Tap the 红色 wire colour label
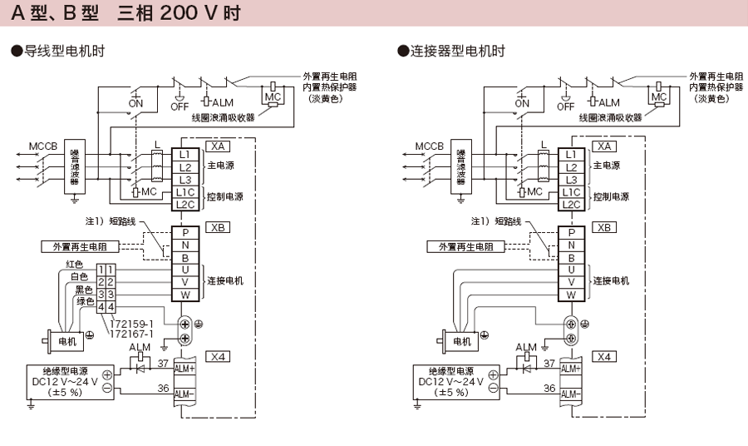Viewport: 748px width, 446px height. tap(76, 265)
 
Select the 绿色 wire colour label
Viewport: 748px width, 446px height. tap(85, 301)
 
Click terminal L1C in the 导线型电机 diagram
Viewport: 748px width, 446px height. tap(185, 191)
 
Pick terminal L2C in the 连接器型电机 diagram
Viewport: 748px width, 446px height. tap(571, 204)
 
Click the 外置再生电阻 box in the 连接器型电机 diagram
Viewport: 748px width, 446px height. tap(465, 247)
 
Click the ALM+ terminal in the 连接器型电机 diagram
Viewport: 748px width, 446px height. tap(571, 368)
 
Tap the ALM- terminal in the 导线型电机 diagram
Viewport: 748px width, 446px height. tap(185, 393)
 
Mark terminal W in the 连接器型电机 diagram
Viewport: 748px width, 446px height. tap(571, 295)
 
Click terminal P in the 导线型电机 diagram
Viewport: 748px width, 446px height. tap(185, 233)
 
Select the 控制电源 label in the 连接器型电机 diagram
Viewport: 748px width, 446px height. tap(611, 197)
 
